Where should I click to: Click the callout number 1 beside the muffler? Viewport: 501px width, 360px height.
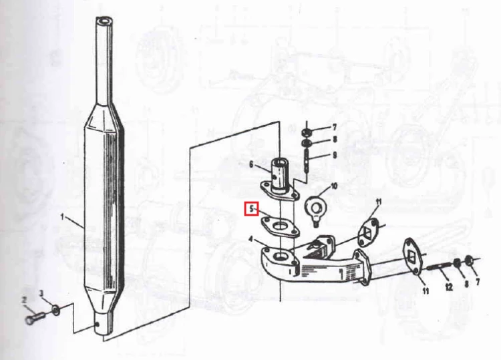point(63,217)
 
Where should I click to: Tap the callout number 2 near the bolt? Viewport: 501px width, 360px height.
point(24,300)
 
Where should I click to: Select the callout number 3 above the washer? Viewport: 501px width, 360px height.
point(41,293)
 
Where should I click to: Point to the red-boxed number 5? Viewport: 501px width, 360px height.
point(251,209)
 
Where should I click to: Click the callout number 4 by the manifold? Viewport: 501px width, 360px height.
point(251,239)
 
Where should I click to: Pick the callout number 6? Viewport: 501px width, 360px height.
point(251,164)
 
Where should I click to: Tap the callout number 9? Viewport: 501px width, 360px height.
point(335,155)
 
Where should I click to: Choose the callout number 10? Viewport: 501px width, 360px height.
point(334,186)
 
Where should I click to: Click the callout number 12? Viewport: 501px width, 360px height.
point(449,287)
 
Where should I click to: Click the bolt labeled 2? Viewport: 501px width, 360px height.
point(35,319)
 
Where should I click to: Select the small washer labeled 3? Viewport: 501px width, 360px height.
point(56,309)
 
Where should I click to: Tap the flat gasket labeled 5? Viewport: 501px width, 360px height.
point(281,227)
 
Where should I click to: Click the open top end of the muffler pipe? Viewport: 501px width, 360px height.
point(104,21)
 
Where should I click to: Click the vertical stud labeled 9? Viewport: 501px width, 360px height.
point(307,162)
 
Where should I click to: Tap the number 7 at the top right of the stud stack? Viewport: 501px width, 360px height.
point(334,128)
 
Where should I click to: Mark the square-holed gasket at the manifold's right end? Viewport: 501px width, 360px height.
point(415,256)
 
